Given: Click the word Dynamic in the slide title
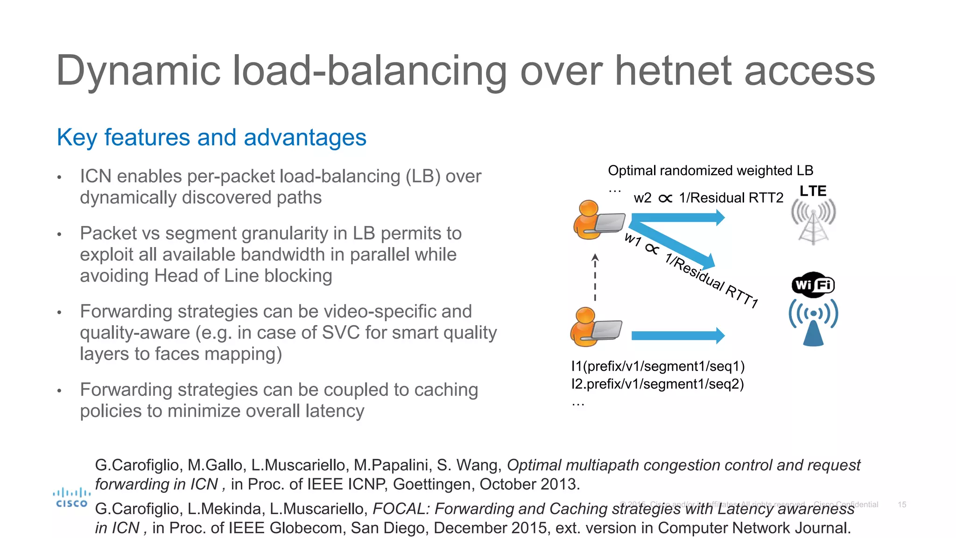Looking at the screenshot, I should (x=138, y=71).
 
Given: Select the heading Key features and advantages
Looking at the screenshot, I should (x=211, y=137).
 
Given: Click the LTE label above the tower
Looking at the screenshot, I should (x=813, y=191).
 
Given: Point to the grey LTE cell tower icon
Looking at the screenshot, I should (x=813, y=222).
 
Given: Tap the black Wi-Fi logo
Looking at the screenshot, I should (x=813, y=285).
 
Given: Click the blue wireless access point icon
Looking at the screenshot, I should (x=813, y=322).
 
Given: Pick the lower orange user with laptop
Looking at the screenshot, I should (x=596, y=327).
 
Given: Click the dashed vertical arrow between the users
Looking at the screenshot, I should (x=595, y=278).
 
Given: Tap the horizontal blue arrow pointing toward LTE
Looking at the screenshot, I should (x=677, y=217).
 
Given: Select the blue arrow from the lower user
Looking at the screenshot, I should (x=677, y=335).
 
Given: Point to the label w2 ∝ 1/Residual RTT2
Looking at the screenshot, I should (x=708, y=198).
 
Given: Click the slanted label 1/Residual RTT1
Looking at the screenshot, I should (x=712, y=280).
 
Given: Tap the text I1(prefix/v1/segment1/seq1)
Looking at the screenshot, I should (x=658, y=366).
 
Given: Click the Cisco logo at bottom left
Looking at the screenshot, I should (x=71, y=498).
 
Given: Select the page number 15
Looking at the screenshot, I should (x=902, y=504).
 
